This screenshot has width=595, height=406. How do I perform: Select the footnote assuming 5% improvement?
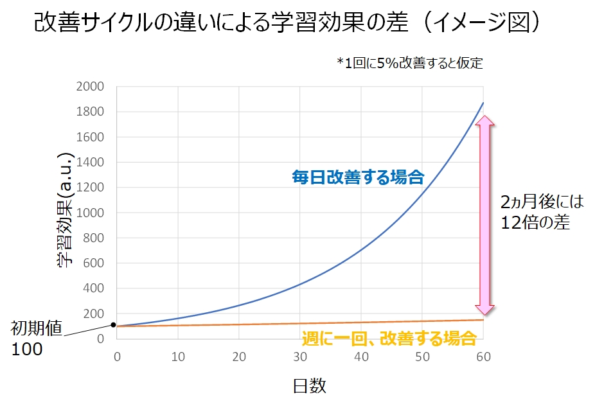pos(409,63)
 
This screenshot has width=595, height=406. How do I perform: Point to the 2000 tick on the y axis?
pos(90,87)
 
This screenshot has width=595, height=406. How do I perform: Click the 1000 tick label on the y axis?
pos(90,213)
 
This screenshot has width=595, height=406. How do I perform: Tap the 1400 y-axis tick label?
pos(90,163)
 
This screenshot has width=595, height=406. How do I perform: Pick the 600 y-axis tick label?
pos(94,263)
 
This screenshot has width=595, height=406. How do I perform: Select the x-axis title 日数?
pos(310,385)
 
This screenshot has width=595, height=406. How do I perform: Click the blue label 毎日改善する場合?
pos(359,177)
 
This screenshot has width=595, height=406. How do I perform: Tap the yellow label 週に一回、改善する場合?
pos(389,338)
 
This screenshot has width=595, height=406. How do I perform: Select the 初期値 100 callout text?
pos(36,339)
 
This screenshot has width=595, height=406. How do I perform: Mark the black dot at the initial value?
pos(114,325)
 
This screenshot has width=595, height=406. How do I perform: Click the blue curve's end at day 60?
pos(483,103)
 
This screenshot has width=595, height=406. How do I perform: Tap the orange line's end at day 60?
pos(483,320)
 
